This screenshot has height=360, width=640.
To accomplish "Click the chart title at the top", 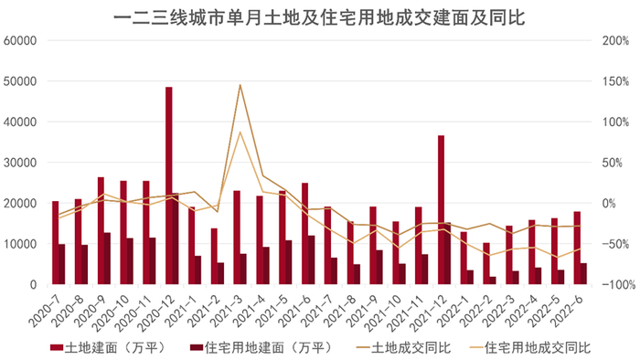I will [320, 16].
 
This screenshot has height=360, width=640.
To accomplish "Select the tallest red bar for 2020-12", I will [169, 183].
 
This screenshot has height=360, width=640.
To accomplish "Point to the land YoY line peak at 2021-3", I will [240, 85].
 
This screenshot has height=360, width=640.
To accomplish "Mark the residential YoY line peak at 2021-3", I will [240, 132].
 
